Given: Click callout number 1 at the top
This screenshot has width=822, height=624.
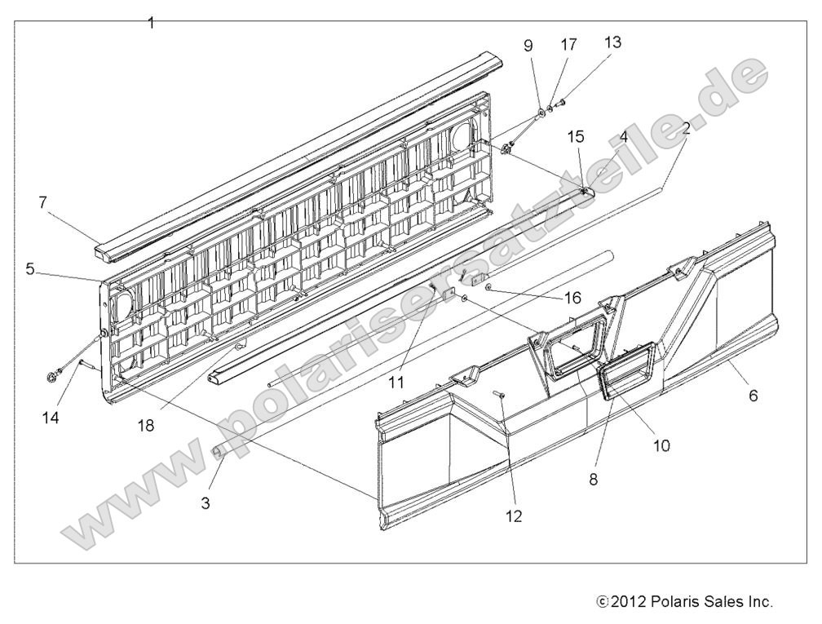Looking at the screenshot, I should point(151,23).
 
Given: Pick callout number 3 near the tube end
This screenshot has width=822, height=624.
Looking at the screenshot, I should point(205,503).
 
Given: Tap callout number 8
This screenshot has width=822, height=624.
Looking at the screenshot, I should point(594,480).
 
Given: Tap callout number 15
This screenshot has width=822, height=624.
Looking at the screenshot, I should point(576,136).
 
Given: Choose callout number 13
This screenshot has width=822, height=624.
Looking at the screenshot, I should point(612,42).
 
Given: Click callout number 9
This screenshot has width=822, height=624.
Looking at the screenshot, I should point(528,46).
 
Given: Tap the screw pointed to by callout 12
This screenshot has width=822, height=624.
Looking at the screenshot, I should point(500,394).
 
